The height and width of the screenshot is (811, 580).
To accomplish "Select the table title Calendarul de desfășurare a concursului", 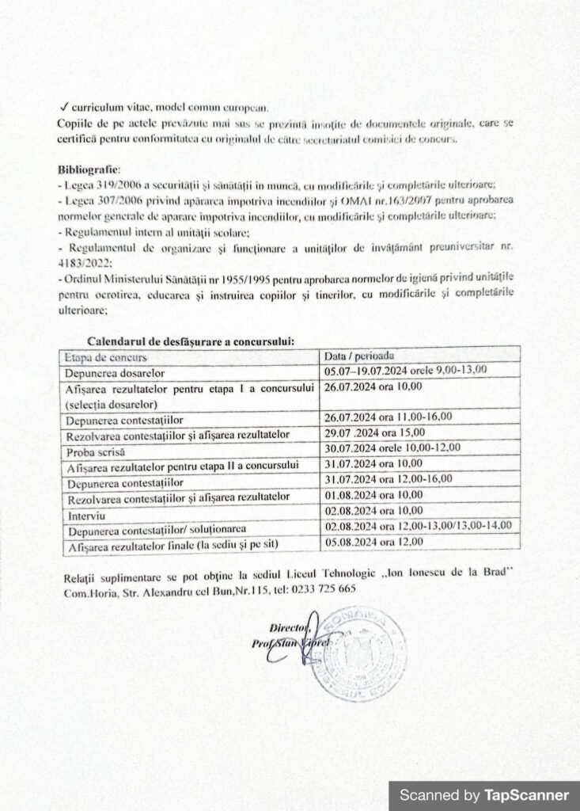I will point(191,341).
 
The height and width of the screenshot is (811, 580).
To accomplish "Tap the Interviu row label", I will point(84,513).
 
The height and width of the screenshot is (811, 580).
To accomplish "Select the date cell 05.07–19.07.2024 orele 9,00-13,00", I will point(406,370).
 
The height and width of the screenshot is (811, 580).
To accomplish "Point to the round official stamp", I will point(358,652).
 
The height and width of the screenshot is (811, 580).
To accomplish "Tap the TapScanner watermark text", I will point(483,794).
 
